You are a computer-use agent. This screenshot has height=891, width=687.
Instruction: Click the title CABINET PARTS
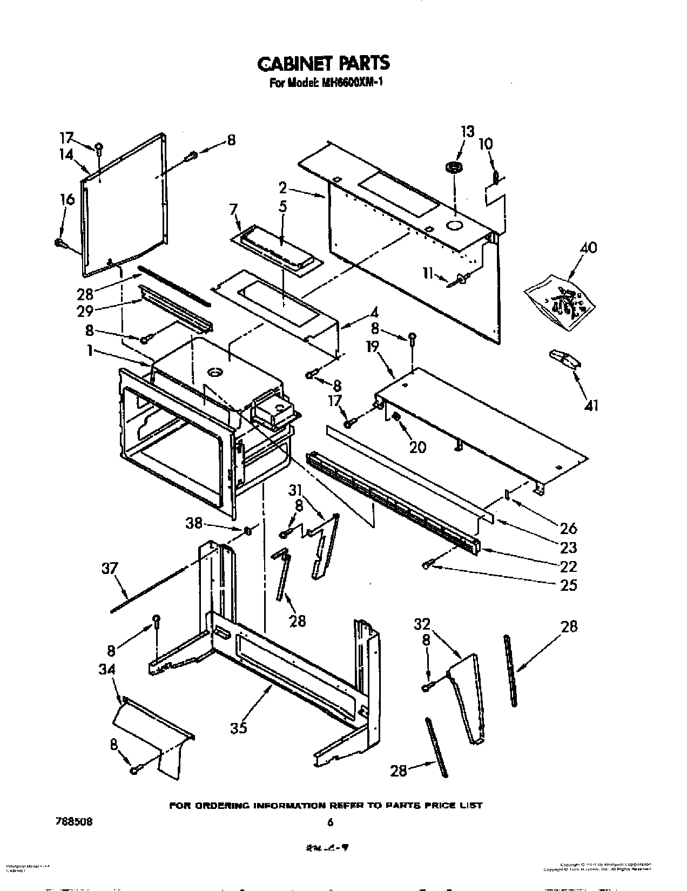tap(323, 63)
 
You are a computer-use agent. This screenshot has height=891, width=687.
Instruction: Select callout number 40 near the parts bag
tap(588, 248)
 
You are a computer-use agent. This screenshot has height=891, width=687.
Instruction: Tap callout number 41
tap(591, 404)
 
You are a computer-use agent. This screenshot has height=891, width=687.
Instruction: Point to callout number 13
tap(467, 131)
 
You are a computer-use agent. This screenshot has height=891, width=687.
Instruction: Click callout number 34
tap(107, 669)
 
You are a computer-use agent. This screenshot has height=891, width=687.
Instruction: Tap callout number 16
tap(68, 199)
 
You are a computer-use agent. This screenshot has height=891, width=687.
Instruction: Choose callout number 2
tap(282, 189)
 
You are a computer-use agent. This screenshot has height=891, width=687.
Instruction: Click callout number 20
tap(417, 447)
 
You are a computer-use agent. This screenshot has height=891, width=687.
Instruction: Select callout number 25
tap(569, 585)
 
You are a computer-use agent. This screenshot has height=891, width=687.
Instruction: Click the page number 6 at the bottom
tap(331, 822)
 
